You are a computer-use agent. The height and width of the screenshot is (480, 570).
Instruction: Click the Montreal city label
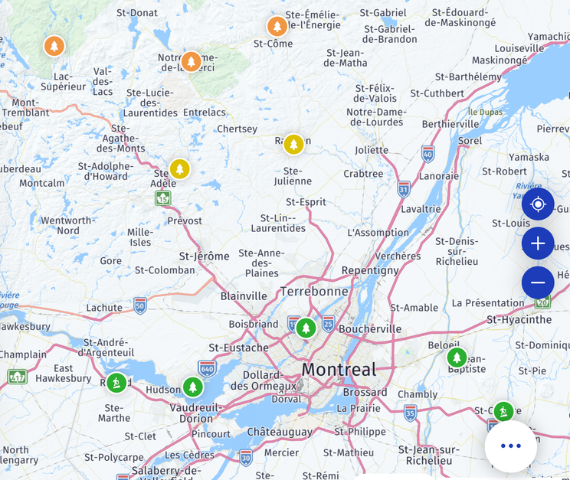[x=339, y=370]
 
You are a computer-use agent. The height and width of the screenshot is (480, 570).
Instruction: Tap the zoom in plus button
[x=538, y=243]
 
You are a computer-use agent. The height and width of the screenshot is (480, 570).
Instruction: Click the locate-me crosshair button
[x=538, y=204]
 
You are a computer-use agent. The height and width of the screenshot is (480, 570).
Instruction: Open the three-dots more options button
[x=510, y=446]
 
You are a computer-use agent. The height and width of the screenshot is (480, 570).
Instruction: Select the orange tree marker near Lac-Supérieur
[x=54, y=46]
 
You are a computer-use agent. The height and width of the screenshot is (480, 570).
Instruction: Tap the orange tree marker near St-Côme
[x=277, y=26]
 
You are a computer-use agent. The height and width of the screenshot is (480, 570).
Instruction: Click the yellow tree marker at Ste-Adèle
[x=179, y=168]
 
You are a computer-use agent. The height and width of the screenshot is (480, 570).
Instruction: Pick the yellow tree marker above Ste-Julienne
[x=293, y=144]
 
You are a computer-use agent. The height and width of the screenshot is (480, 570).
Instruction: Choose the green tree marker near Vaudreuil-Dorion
[x=192, y=387]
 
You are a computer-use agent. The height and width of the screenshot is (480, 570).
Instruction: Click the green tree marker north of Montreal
[x=306, y=328]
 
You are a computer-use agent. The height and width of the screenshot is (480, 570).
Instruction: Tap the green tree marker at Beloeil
[x=457, y=358]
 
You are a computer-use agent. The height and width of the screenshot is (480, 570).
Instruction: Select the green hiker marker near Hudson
[x=116, y=382]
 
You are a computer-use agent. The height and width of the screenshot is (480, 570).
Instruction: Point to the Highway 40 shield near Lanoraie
[x=427, y=155]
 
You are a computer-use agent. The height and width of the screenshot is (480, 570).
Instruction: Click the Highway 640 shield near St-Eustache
[x=207, y=368]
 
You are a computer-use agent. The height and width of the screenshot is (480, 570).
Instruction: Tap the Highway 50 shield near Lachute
[x=140, y=305]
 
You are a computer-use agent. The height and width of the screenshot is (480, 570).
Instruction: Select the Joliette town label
[x=372, y=150]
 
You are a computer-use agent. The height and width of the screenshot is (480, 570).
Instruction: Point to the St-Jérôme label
[x=204, y=256]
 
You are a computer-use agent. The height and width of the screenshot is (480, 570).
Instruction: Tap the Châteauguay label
[x=279, y=433]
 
